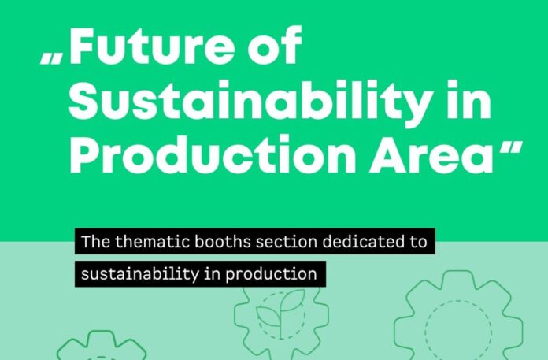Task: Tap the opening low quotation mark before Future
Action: tap(51, 59)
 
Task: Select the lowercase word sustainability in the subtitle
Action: tap(140, 274)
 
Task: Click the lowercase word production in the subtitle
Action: tap(271, 274)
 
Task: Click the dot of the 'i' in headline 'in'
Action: tap(452, 84)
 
